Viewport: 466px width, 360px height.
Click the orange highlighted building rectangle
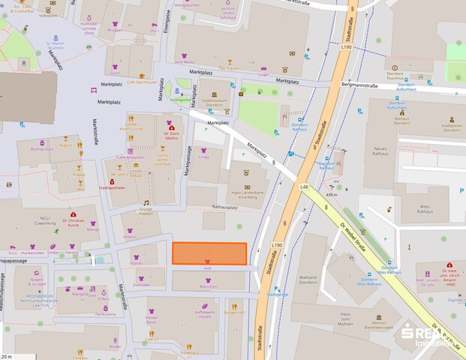pyautogui.click(x=209, y=253)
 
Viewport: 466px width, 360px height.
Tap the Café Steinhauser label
pyautogui.click(x=141, y=82)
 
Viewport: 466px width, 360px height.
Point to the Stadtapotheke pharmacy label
pyautogui.click(x=112, y=187)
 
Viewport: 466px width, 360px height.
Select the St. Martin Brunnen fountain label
pyautogui.click(x=56, y=67)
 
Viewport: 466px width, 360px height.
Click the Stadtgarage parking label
pyautogui.click(x=278, y=295)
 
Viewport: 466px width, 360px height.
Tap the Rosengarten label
pyautogui.click(x=180, y=98)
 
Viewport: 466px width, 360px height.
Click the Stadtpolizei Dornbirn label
pyautogui.click(x=452, y=128)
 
